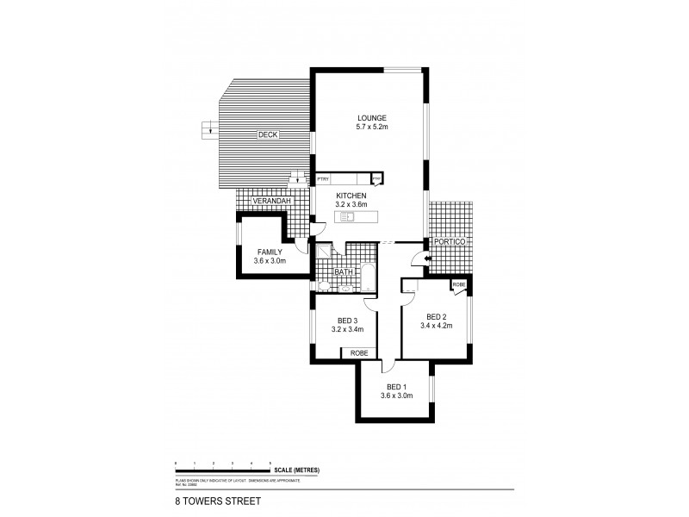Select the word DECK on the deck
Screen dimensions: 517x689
267,134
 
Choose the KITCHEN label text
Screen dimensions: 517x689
351,196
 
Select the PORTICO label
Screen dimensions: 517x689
449,243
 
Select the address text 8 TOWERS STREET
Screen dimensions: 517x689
207,497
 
